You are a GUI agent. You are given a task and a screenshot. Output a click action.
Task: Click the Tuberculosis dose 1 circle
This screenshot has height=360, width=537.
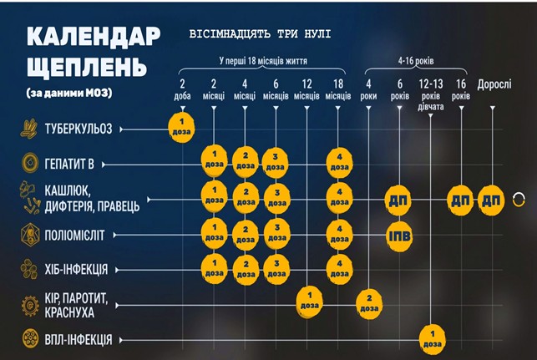pyautogui.click(x=184, y=129)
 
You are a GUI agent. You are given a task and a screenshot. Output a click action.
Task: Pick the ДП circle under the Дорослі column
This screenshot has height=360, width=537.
pyautogui.click(x=491, y=200)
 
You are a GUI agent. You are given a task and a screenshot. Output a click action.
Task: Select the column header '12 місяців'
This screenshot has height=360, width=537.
pyautogui.click(x=306, y=89)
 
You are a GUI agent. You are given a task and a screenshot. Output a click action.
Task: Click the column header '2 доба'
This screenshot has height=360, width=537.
pyautogui.click(x=183, y=89)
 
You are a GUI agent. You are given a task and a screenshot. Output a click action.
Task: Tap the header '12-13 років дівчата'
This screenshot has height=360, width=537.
pyautogui.click(x=432, y=94)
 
